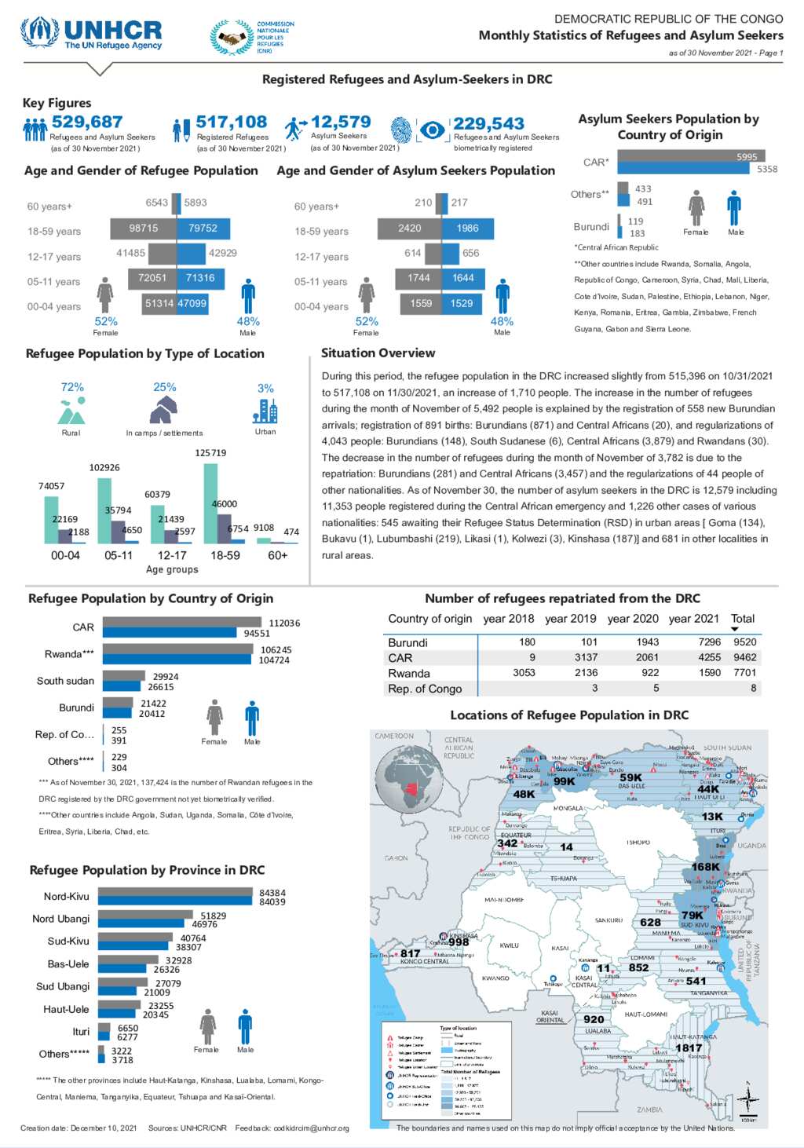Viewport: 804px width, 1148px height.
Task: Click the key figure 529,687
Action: (x=87, y=122)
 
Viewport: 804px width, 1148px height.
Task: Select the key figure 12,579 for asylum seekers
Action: (x=341, y=122)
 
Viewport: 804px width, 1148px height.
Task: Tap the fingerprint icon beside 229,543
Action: (x=401, y=130)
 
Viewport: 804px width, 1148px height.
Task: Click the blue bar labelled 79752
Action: (x=203, y=228)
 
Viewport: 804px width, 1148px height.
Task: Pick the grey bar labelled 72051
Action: (x=152, y=278)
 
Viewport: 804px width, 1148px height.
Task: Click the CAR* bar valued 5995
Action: (x=691, y=156)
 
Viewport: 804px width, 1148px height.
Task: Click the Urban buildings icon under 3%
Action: (x=265, y=411)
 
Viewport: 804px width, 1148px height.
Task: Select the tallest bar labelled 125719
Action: (x=210, y=503)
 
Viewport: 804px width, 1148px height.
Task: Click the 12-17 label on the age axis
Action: (x=172, y=555)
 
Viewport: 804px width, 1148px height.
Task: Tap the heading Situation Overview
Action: (x=378, y=353)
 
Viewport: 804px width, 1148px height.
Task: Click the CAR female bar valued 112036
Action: (x=182, y=623)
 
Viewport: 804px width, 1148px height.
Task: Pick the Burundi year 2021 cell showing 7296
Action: (x=709, y=642)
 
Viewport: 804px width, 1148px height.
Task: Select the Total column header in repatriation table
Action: (x=742, y=619)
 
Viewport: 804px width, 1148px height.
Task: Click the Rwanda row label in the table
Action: (x=409, y=674)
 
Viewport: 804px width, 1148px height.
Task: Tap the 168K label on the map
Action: (x=705, y=867)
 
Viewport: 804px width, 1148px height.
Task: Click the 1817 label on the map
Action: (x=689, y=1047)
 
